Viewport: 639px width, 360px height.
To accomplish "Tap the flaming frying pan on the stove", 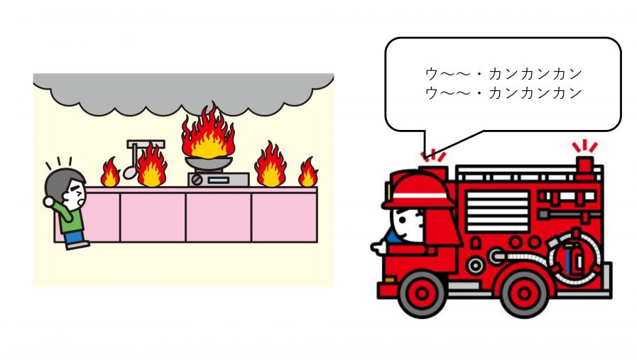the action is coord(209,163).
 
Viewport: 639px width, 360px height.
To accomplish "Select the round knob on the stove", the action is coord(197,180).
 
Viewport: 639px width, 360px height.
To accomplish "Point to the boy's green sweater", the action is coord(67,217).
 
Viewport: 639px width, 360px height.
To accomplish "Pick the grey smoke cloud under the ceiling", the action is coord(183,92).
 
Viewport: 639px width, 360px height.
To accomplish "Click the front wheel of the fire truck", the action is coord(422,293).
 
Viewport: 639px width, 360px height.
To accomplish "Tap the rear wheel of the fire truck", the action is coord(524,293).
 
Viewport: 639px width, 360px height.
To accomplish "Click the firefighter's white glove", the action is coord(378,247).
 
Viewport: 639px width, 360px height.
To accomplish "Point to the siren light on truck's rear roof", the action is coord(585,167).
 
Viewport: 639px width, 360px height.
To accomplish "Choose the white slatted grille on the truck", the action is coord(497,212).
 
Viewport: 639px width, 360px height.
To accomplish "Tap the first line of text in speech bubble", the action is coord(503,75).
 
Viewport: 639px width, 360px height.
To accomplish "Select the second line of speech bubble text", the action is coord(503,93).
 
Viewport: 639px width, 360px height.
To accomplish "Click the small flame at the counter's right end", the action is coord(308,173).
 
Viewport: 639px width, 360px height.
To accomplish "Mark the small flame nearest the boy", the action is coord(110,173).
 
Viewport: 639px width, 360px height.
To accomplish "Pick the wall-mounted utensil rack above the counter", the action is coord(146,144).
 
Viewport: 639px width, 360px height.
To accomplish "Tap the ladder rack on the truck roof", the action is coord(529,173).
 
